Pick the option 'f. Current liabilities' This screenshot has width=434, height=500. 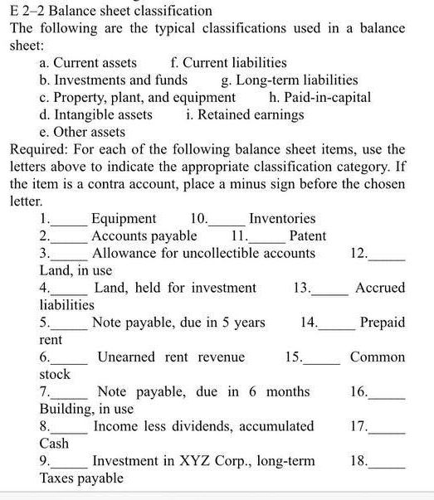pos(228,62)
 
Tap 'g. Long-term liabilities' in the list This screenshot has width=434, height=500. pos(290,80)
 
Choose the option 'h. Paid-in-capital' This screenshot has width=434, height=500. pos(320,97)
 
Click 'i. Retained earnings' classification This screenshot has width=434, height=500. pos(245,114)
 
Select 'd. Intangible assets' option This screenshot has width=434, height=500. pos(96,114)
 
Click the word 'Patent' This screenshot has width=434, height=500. pos(307,235)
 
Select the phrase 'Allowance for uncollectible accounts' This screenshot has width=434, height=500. pos(203,253)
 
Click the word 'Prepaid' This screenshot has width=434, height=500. pos(383,322)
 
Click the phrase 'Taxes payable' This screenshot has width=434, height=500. pos(81,478)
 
